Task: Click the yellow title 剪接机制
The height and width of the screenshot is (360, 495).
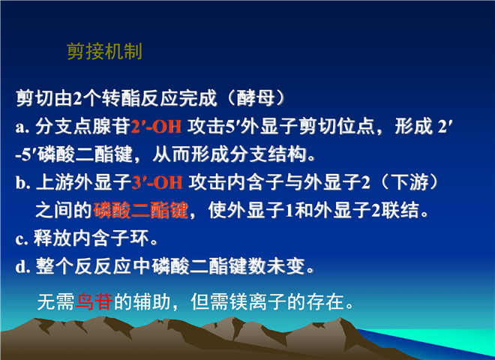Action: (x=104, y=51)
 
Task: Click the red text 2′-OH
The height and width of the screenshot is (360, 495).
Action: (x=156, y=126)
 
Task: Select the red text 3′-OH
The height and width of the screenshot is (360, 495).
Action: (x=157, y=182)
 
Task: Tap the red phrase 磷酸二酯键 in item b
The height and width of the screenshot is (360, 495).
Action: (x=141, y=210)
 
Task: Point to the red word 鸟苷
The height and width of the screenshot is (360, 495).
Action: (x=94, y=301)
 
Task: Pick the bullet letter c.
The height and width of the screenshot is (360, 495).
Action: (x=21, y=239)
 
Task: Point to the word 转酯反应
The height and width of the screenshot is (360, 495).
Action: (x=140, y=98)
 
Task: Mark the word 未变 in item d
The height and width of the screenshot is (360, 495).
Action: (x=286, y=266)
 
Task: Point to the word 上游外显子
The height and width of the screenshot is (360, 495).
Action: (x=83, y=182)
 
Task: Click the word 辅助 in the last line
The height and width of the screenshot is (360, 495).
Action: (x=152, y=301)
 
